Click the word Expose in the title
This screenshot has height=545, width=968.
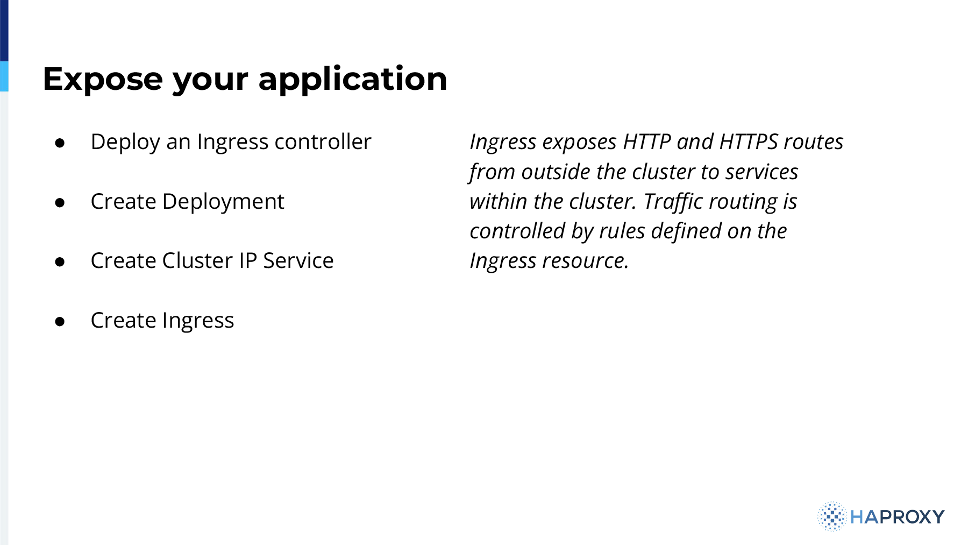click(x=103, y=79)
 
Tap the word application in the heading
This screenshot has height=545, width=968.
click(x=353, y=79)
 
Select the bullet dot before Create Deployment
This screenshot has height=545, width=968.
click(x=60, y=203)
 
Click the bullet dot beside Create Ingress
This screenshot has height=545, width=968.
click(x=60, y=322)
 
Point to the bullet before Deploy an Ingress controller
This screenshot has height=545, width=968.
click(x=60, y=143)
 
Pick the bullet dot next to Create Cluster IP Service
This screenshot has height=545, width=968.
click(x=60, y=262)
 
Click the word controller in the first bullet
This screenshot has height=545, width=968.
click(x=323, y=142)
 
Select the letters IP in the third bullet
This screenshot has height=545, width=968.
click(x=248, y=261)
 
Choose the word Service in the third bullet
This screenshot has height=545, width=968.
click(x=298, y=261)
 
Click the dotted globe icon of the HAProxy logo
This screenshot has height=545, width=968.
click(x=832, y=516)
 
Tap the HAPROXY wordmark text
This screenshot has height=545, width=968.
click(x=898, y=517)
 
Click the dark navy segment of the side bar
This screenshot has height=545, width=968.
click(x=4, y=31)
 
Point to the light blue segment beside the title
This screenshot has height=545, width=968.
click(x=4, y=76)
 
